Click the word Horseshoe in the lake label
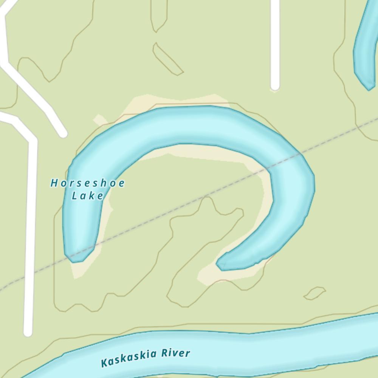[x=88, y=183]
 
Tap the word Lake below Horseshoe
[x=88, y=196]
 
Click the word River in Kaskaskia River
[x=175, y=353]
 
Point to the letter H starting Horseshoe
[x=54, y=183]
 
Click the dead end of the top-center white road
[x=275, y=86]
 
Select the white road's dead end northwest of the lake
[x=62, y=133]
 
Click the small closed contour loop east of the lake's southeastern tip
[x=314, y=293]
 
